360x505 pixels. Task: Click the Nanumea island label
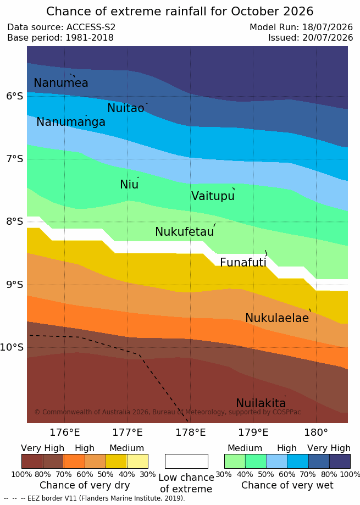pos(61,83)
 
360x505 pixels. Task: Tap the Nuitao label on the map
pos(125,108)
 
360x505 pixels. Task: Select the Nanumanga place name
pos(71,122)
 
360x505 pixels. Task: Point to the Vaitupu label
pos(213,196)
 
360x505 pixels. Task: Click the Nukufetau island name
pos(185,231)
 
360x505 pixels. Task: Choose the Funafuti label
pos(243,262)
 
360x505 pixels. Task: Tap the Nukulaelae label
pos(277,318)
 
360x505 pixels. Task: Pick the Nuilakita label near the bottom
pos(261,403)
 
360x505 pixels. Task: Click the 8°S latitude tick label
pos(15,221)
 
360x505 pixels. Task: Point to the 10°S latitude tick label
pos(12,347)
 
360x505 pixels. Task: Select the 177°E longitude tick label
pos(128,432)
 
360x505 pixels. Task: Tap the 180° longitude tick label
pos(316,432)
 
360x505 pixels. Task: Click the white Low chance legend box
pos(186,461)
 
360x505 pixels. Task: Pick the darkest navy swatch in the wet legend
pos(340,461)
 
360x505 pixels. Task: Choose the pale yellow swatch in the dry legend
pos(137,461)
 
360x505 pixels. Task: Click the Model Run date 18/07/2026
pos(328,27)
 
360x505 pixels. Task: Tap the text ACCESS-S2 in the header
pos(91,27)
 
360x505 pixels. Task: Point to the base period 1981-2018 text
pos(90,38)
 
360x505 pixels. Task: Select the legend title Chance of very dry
pos(85,485)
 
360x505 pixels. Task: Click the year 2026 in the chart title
pos(298,12)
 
